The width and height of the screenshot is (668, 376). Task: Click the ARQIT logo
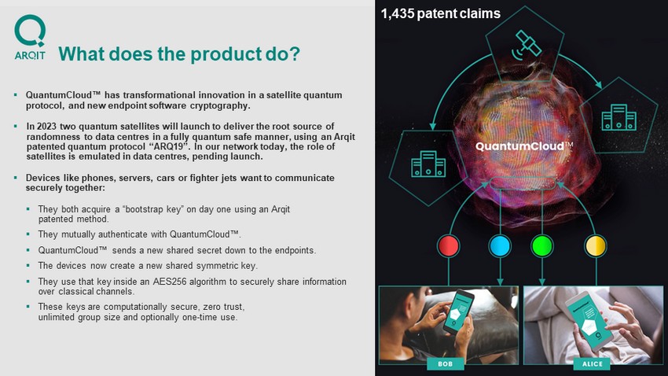click(x=30, y=37)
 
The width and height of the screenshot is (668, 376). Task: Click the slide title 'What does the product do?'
click(x=179, y=54)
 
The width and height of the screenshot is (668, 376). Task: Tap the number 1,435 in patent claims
click(x=398, y=13)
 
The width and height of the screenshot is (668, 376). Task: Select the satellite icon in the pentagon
click(x=527, y=44)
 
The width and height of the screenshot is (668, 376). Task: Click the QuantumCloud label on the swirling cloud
click(x=524, y=146)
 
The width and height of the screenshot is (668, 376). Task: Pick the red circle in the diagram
click(x=448, y=246)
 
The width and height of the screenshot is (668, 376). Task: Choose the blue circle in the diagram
click(x=500, y=246)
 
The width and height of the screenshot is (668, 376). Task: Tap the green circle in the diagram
click(x=542, y=246)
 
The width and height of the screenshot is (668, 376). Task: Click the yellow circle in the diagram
click(x=595, y=246)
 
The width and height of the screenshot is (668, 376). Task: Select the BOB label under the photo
click(x=445, y=363)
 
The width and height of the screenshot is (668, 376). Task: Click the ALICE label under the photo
click(x=593, y=363)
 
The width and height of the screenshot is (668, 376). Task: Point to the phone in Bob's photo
click(x=458, y=312)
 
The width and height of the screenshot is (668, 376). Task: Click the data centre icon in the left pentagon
click(x=428, y=164)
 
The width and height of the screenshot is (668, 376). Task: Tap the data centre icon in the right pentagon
click(x=619, y=117)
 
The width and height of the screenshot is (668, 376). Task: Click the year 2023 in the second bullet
click(x=46, y=126)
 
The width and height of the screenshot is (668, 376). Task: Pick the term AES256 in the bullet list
click(x=170, y=282)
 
